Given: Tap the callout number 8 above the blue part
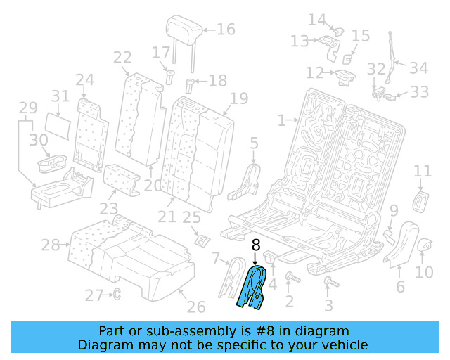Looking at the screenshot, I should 255,245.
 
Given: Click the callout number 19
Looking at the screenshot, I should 239,98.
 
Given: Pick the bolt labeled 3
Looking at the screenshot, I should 327,283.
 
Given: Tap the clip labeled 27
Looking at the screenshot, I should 117,294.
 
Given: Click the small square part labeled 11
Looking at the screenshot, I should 422,200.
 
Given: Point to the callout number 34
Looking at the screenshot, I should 418,68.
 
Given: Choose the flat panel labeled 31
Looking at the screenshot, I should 62,124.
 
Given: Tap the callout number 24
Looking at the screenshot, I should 85,79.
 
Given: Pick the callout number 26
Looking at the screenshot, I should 195,307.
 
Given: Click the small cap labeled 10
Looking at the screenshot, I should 425,245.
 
